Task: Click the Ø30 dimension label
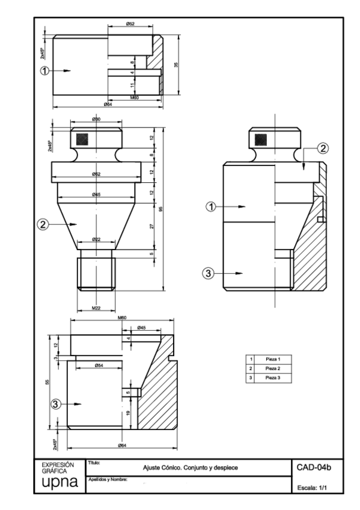click(x=96, y=120)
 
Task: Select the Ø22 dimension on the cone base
click(x=96, y=239)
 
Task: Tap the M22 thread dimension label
click(x=96, y=307)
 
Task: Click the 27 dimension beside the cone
click(x=151, y=226)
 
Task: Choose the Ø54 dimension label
click(x=99, y=365)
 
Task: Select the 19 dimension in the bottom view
click(x=128, y=412)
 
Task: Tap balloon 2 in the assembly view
click(x=322, y=148)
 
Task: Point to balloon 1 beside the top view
click(x=44, y=70)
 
